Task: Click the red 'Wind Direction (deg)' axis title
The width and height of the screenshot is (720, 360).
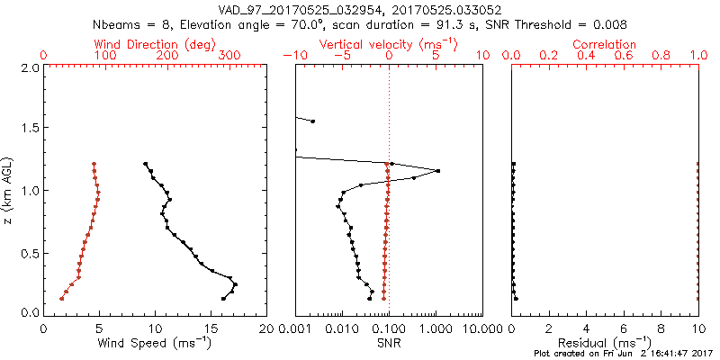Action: [x=156, y=44]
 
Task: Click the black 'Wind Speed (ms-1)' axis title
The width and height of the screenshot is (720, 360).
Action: [x=156, y=343]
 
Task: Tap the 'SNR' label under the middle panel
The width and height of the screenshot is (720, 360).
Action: [x=388, y=343]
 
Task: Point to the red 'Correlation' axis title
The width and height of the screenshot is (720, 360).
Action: [x=604, y=44]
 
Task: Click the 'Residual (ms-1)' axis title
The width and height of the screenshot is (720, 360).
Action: [x=604, y=343]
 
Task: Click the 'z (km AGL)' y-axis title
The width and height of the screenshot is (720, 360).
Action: [x=9, y=190]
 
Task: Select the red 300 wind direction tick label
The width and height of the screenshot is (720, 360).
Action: [x=229, y=56]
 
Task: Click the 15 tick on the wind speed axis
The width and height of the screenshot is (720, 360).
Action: [x=211, y=328]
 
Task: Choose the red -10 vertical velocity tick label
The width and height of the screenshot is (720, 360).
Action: [x=293, y=56]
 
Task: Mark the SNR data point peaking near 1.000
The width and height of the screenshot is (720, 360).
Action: [x=437, y=171]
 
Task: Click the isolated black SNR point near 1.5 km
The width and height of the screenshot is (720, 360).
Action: [x=313, y=121]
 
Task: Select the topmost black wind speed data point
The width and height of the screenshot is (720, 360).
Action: [x=145, y=164]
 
